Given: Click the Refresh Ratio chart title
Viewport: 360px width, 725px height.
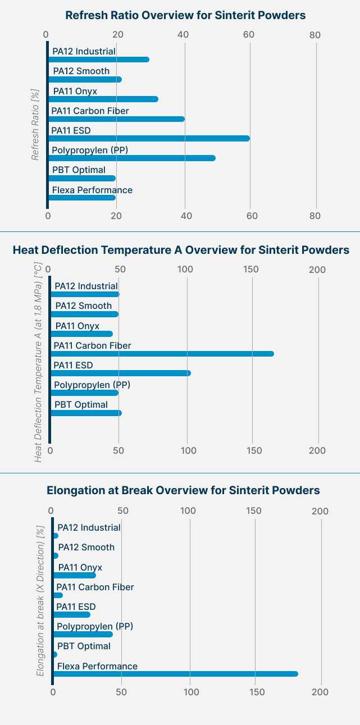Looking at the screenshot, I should (185, 15).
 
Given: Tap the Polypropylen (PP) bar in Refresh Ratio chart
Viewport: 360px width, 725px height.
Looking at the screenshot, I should (132, 158).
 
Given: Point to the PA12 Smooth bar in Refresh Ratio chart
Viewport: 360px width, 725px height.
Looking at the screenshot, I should (85, 79).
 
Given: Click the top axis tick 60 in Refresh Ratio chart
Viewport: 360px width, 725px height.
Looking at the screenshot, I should (249, 35).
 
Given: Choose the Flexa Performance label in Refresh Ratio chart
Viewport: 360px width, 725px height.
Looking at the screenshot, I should (92, 190).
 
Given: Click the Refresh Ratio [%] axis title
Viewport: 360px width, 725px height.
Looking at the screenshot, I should (35, 125).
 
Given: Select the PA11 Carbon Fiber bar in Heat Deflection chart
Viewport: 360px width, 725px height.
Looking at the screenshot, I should (162, 354).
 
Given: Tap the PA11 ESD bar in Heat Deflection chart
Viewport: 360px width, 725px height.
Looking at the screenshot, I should (121, 373).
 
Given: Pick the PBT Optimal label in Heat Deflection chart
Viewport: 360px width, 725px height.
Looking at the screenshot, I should (81, 404).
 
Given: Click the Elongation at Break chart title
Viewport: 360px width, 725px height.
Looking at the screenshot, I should (183, 490).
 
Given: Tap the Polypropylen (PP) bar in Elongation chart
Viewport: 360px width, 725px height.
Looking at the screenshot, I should (83, 635).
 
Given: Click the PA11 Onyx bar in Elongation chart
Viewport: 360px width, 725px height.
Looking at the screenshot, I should (75, 576).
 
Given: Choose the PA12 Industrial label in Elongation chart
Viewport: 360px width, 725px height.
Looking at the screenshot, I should (89, 527).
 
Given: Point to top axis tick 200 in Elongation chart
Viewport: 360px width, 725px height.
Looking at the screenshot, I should (320, 511).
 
